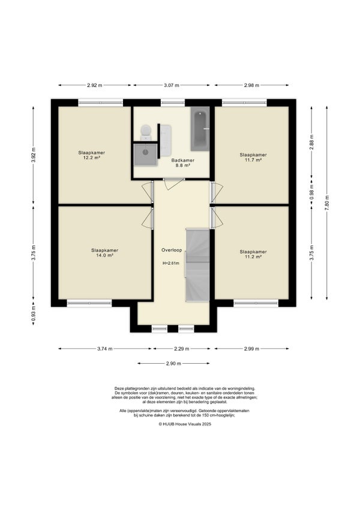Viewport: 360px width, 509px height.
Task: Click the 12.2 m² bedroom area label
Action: (x=92, y=155)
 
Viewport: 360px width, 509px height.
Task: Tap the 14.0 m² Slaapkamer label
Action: (x=104, y=253)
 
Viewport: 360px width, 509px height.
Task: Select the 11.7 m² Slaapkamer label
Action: (x=253, y=157)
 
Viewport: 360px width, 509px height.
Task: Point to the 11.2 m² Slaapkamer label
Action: (x=253, y=254)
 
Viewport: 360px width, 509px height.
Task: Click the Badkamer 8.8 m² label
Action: (x=183, y=163)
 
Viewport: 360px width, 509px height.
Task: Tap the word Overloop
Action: (x=172, y=250)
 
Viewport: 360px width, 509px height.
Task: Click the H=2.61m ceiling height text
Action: (x=171, y=264)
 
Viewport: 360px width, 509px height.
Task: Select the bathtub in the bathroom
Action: (x=200, y=129)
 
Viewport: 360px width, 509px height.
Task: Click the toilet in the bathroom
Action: (x=146, y=133)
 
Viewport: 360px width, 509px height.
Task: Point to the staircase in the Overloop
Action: (x=197, y=265)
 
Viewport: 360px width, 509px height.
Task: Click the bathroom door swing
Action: (x=174, y=184)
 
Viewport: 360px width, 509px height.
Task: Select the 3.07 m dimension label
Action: (x=172, y=85)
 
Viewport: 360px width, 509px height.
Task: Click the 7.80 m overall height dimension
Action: (x=327, y=203)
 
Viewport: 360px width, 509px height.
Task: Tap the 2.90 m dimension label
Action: (x=173, y=364)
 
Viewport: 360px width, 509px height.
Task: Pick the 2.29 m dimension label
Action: (x=181, y=349)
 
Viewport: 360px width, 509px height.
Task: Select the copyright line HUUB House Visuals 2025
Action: (x=185, y=424)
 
